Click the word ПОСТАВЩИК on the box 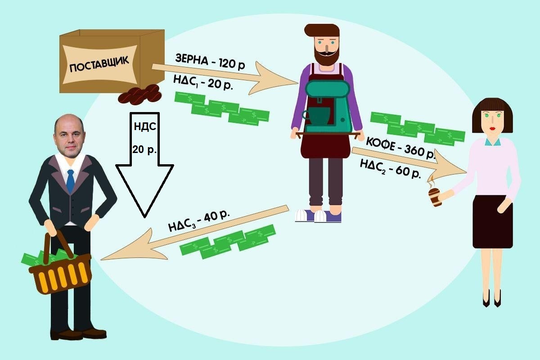pos(99,64)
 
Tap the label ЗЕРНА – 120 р pos(210,62)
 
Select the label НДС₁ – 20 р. pos(203,82)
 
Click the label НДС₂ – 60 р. pos(390,169)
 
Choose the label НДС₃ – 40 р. pos(199,221)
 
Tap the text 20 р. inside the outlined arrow pos(144,149)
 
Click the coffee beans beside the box pos(140,94)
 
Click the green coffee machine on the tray pos(328,107)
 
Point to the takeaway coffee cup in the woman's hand pos(435,197)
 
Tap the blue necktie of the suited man pos(70,181)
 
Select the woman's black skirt pos(493,221)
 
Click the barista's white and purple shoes pos(318,216)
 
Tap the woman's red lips pos(492,129)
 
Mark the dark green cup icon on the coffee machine pos(316,116)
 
